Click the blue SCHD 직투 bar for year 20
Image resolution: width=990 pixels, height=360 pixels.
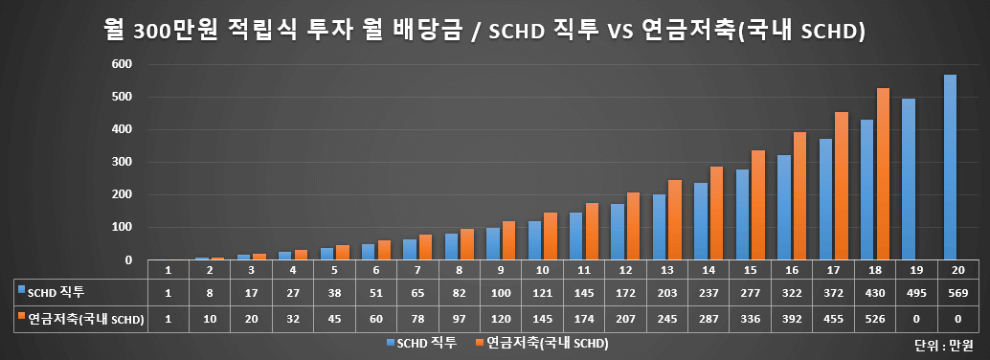[950, 168]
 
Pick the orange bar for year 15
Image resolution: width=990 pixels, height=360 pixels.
[759, 205]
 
